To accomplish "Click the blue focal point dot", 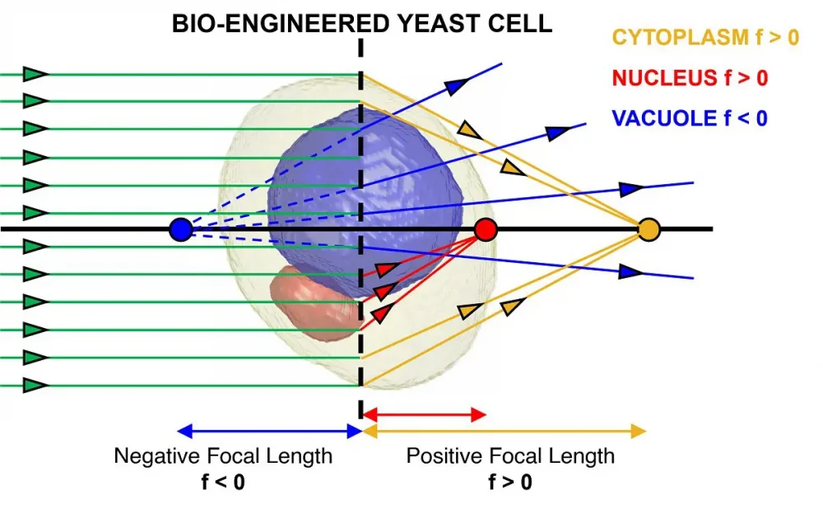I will point(180,229).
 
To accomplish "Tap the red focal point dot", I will point(486,229).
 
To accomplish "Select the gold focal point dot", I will point(649,229).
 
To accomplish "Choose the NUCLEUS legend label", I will point(665,78).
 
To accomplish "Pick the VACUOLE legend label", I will point(665,118).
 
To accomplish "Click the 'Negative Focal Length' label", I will point(223,455).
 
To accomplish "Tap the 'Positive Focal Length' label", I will point(510,455).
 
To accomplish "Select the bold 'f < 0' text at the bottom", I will point(223,482).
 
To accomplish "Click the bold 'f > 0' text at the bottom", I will point(510,482).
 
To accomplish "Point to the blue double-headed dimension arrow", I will point(270,431).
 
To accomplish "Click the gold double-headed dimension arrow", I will point(504,431).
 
